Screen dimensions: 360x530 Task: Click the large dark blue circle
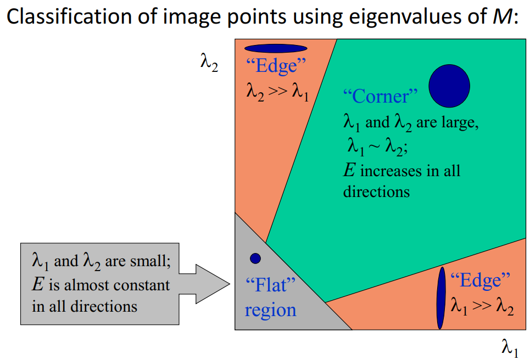click(449, 86)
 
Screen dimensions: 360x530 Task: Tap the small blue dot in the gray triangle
click(255, 258)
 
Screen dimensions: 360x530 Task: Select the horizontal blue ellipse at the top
click(276, 48)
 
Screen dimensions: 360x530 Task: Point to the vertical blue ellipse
click(440, 298)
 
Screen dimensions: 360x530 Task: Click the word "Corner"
click(380, 97)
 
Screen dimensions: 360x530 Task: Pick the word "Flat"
click(271, 286)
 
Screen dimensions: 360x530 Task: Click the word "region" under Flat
click(270, 310)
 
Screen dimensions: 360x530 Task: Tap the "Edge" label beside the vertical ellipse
click(476, 280)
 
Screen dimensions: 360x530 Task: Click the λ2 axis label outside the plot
click(209, 64)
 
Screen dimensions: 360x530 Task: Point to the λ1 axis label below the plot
click(510, 347)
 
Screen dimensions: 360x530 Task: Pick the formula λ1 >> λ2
click(482, 305)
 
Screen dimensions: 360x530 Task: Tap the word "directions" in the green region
click(376, 192)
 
